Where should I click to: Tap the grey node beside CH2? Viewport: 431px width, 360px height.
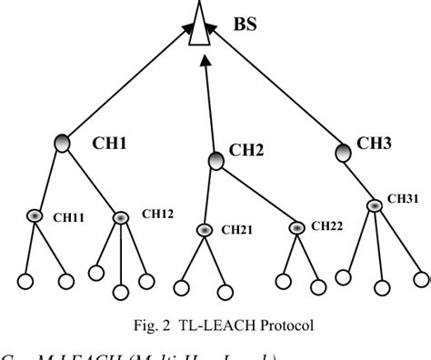pos(215,161)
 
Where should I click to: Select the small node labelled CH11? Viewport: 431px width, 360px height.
pos(35,216)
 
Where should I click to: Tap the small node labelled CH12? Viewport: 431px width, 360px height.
pos(121,218)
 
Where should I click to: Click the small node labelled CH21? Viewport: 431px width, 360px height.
pos(205,230)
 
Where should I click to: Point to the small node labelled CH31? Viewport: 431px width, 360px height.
pos(374,205)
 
